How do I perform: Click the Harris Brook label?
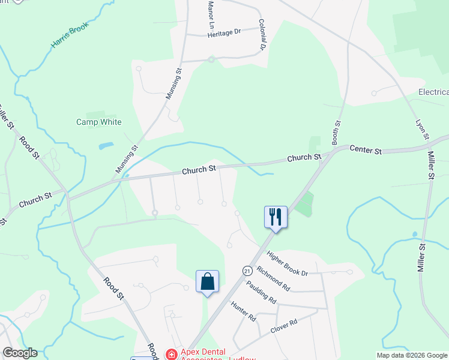coord(70,37)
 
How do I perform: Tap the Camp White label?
coord(98,122)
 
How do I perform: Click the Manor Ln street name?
coord(211,14)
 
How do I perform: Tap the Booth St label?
coord(337,131)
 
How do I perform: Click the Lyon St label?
coord(422,130)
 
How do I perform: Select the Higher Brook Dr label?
coord(287,264)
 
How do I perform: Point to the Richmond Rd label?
coord(273,279)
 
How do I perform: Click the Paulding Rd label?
coord(261,293)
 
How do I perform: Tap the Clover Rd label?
coord(284,326)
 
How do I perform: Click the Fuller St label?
coord(5,117)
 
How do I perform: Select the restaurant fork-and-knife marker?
coord(276,216)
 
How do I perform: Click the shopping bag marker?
coord(207,281)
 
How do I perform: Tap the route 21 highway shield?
coord(247,271)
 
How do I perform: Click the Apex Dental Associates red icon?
coord(172,354)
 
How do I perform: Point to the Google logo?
coord(20,353)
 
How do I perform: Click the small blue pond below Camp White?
coord(106,146)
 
